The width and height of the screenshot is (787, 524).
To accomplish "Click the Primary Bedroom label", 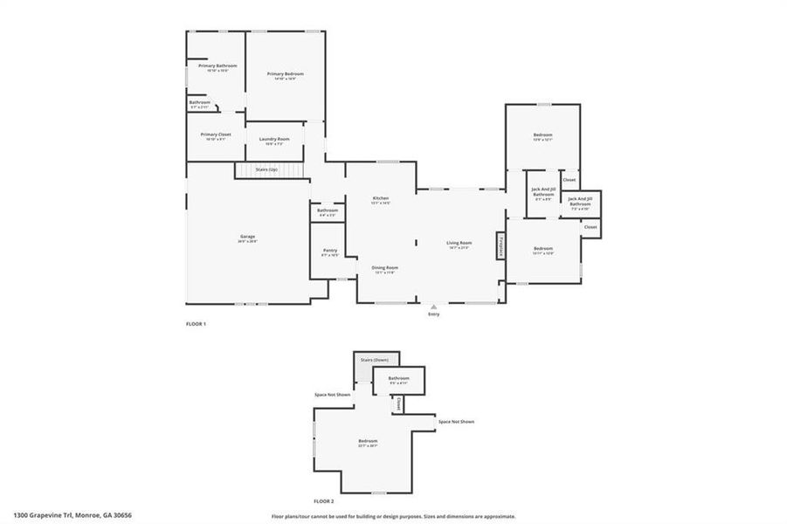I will click(285, 74).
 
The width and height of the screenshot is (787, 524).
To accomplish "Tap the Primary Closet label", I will click(215, 134).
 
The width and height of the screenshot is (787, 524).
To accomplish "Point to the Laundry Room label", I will click(274, 139).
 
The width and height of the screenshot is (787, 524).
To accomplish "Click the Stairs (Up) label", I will click(266, 169).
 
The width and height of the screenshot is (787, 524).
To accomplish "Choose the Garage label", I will click(248, 238).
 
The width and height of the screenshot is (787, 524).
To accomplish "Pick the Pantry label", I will click(329, 251).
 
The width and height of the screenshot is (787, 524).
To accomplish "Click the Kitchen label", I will click(381, 198).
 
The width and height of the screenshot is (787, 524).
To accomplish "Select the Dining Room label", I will click(385, 267).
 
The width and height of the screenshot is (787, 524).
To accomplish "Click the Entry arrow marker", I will click(433, 307).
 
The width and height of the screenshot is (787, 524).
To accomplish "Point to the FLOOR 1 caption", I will click(196, 324).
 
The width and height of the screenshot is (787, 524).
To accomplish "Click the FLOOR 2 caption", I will click(323, 501).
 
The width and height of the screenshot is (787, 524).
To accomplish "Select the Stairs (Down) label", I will click(376, 359).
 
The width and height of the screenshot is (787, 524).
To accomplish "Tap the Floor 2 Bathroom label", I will click(398, 378).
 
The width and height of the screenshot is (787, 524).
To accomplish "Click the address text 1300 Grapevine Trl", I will click(72, 515).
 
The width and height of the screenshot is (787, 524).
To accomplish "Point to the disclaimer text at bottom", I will click(393, 516).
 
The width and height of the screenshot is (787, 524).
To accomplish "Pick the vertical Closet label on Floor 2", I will click(397, 404).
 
